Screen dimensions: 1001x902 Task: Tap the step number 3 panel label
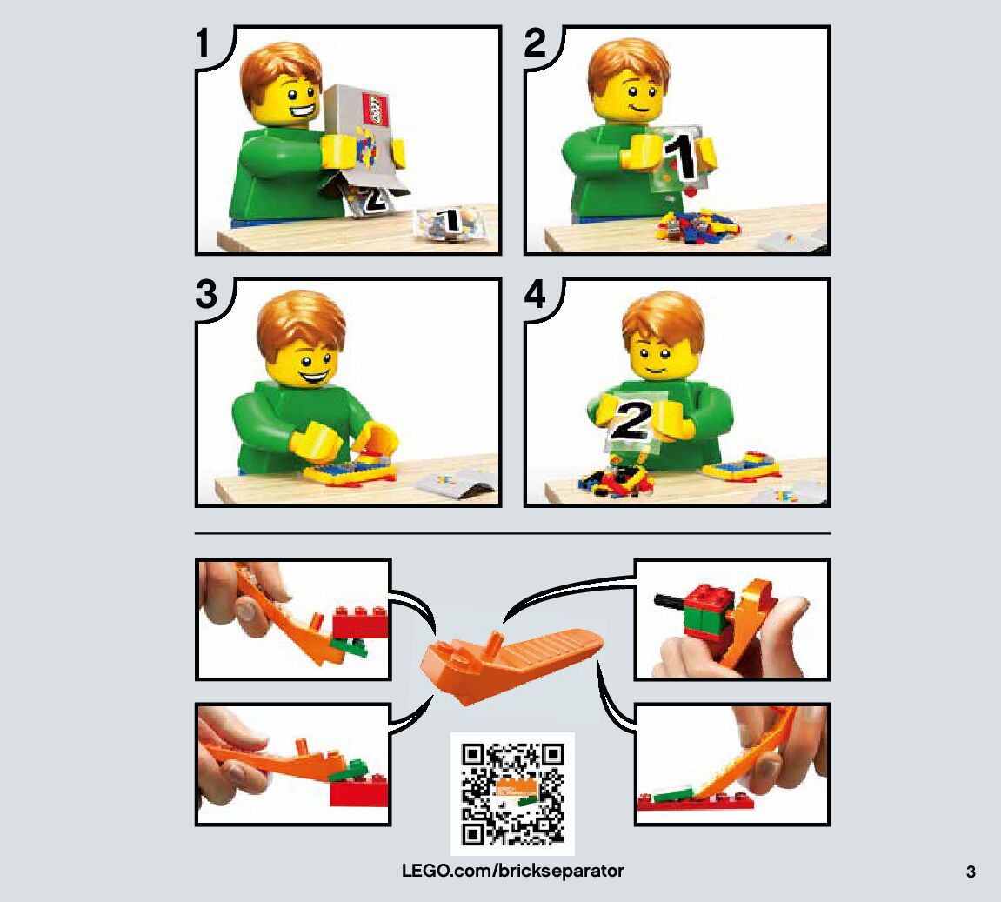coord(207,294)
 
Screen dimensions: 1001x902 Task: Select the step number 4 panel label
coord(535,294)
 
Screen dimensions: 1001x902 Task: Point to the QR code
coord(512,793)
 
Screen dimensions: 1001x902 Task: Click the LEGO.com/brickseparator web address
coord(512,871)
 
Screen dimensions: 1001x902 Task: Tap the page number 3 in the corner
coord(971,872)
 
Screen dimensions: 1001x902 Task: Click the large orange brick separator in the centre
coord(511,664)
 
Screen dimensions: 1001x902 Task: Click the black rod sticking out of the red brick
coord(670,601)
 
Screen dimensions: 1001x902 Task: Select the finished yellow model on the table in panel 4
coord(742,466)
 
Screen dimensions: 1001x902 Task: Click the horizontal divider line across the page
coord(512,533)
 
